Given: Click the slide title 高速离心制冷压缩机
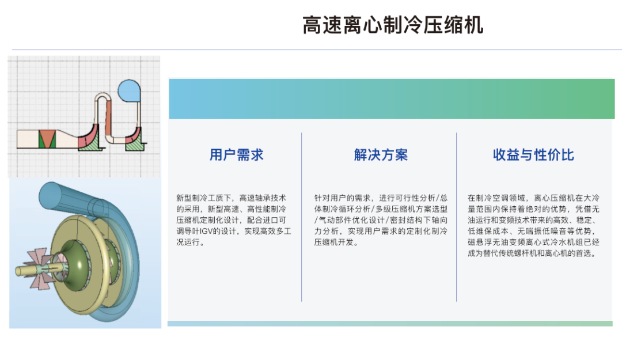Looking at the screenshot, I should (x=393, y=25).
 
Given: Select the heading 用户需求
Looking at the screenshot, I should (x=236, y=155).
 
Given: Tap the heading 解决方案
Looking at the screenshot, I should (x=381, y=155).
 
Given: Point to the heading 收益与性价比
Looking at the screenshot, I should (x=533, y=155).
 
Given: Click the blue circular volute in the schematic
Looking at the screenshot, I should (x=128, y=90).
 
